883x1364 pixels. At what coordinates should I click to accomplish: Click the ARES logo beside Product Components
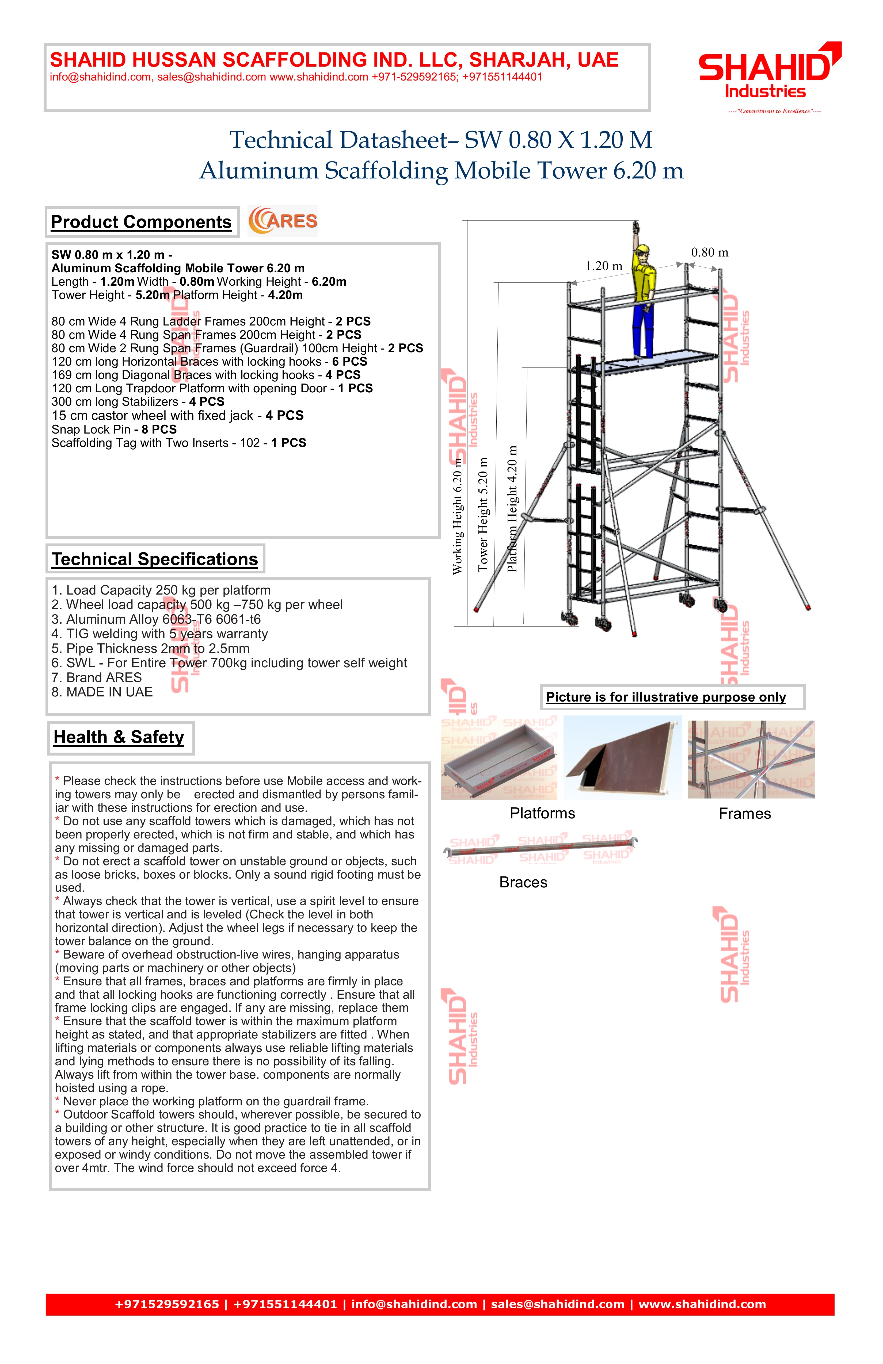point(283,221)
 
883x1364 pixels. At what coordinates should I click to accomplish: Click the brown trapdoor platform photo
point(623,758)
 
